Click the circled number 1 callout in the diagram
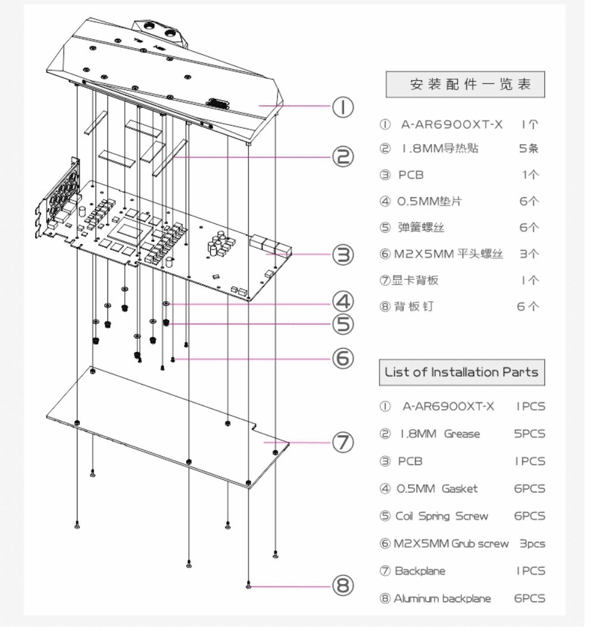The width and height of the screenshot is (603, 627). (x=343, y=107)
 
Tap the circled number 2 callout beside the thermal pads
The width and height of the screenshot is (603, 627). (x=343, y=157)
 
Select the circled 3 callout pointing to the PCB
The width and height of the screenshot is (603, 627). (x=343, y=255)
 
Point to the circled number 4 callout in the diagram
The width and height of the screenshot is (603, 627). (x=343, y=302)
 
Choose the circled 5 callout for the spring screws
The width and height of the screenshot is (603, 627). (x=343, y=325)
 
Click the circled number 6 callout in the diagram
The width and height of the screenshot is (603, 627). (x=343, y=358)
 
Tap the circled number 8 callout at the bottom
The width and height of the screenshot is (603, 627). (x=343, y=586)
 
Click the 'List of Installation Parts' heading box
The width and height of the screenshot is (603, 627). (x=461, y=373)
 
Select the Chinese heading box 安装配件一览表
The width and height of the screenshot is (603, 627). (x=465, y=84)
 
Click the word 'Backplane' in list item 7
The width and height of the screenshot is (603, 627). (x=420, y=571)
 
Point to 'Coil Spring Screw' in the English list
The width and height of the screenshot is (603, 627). (x=441, y=516)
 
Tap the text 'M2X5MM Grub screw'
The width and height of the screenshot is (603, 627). (x=451, y=544)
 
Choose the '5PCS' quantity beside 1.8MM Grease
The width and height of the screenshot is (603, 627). (x=529, y=434)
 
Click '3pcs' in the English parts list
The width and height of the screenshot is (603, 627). (x=532, y=544)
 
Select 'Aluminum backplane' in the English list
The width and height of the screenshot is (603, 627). (x=442, y=598)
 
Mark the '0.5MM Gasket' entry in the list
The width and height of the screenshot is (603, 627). (x=437, y=489)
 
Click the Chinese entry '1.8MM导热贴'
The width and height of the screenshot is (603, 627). (x=440, y=149)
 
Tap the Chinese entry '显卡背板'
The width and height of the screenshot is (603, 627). (x=415, y=280)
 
